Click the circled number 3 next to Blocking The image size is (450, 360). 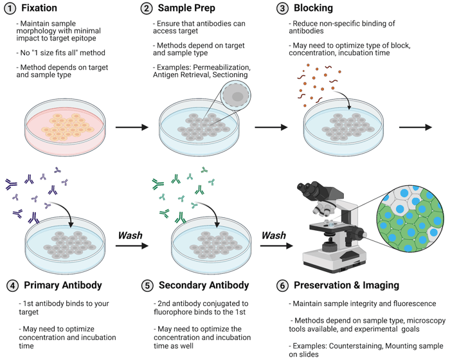(282, 8)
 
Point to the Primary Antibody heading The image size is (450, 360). (62, 285)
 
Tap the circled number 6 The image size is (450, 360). (282, 285)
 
